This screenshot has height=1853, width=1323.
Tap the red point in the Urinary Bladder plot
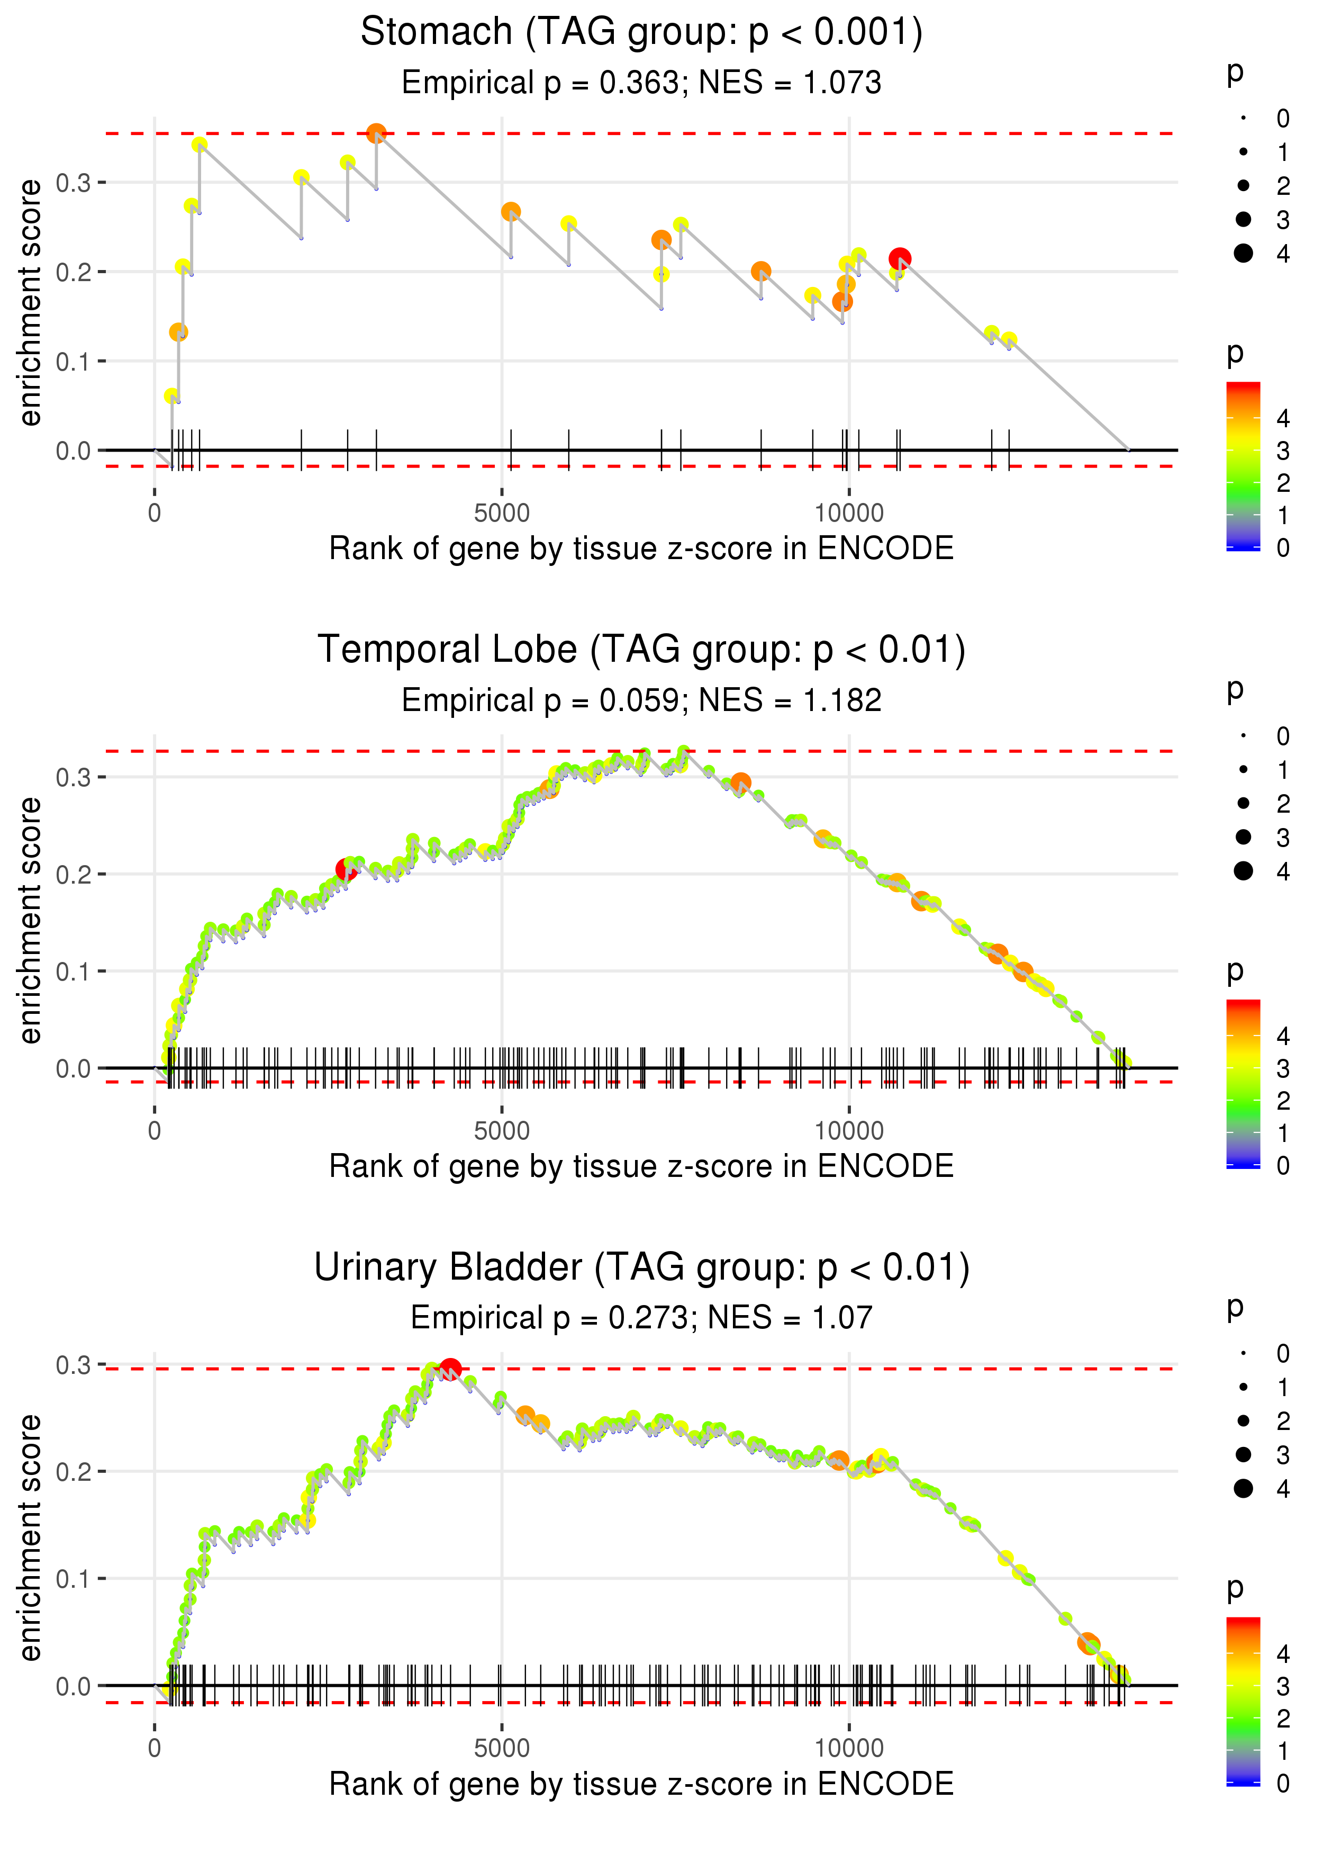coord(450,1369)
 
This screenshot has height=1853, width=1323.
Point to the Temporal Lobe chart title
coord(641,650)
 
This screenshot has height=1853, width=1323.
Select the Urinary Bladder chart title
coord(641,1268)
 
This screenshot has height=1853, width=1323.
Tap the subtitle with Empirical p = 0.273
coord(641,1318)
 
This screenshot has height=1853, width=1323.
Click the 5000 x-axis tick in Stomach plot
coord(502,514)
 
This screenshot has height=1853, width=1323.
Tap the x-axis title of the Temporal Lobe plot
coord(641,1167)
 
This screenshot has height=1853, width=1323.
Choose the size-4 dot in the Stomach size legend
coord(1243,254)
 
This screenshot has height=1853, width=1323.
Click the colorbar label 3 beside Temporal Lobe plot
coord(1283,1068)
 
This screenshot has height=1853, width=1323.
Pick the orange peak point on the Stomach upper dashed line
coord(376,133)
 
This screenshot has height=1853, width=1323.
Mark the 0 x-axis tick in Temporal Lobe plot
coord(155,1131)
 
